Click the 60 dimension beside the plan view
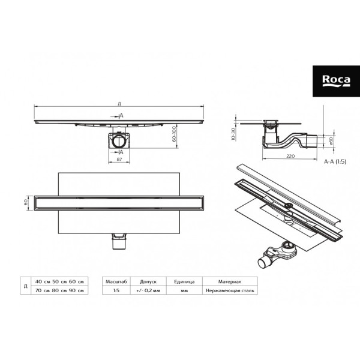coord(26,202)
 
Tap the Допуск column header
coord(148,281)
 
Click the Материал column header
coord(230,281)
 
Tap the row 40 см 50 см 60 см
coord(58,281)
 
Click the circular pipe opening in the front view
coord(120,142)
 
